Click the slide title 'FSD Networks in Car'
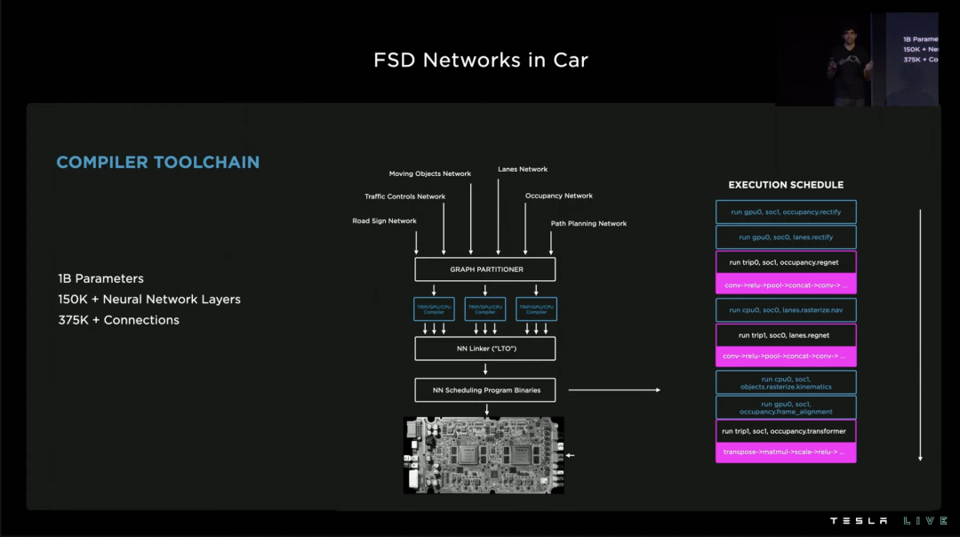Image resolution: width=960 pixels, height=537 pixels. [481, 60]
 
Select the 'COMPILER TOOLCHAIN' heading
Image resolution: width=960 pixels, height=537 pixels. [158, 163]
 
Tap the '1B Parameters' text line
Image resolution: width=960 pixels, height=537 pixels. [100, 278]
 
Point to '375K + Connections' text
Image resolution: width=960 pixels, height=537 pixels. [118, 320]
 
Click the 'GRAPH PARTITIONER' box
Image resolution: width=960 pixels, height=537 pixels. [485, 269]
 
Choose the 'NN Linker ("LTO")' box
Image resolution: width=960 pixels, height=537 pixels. [485, 349]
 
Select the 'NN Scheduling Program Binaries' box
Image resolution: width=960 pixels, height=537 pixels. [485, 389]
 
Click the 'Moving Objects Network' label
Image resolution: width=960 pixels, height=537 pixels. [430, 173]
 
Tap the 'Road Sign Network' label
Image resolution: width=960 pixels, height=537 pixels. [384, 221]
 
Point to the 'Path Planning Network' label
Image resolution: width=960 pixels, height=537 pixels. [588, 224]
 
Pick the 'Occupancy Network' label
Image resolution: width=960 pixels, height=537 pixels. [559, 196]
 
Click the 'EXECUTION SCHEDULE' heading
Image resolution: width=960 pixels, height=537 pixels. [786, 185]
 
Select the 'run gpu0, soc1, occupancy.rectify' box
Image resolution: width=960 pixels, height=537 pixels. [786, 212]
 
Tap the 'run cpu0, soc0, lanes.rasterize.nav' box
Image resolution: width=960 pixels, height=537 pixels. [786, 310]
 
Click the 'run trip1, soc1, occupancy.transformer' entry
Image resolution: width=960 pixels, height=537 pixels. [786, 431]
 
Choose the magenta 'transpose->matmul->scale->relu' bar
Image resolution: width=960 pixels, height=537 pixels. [786, 453]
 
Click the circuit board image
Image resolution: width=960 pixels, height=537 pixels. [484, 454]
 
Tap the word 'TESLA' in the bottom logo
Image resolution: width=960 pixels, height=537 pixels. [859, 521]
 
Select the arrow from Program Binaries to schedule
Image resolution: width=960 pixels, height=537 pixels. [613, 389]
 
